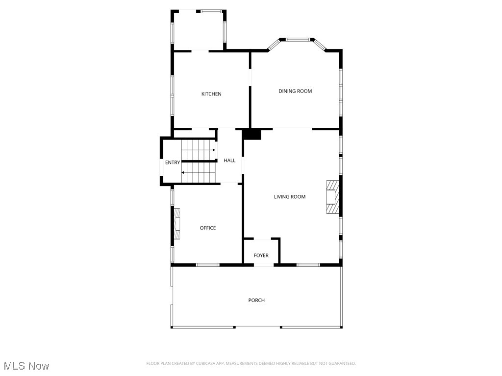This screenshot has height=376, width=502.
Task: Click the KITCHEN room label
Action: coord(211,94)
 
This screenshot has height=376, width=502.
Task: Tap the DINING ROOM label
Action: coord(295,91)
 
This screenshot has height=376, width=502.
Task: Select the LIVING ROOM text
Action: coord(289,197)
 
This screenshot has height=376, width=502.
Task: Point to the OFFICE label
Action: coord(207,228)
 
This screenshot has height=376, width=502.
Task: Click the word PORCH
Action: coord(256,300)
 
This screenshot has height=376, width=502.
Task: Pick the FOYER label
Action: coord(261,256)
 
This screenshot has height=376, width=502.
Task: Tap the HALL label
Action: coord(229,161)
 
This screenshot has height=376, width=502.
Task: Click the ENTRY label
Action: coord(172,163)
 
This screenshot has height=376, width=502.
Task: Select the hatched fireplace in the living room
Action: coord(332,197)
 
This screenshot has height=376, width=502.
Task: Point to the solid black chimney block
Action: coord(252,134)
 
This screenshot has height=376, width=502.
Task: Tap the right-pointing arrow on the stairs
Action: coord(214,150)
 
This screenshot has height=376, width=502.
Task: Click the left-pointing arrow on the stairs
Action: coord(183,172)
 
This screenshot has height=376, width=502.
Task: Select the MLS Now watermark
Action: coord(26,366)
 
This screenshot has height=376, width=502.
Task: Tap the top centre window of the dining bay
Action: coord(298,39)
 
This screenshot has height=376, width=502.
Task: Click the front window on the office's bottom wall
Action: coord(207,265)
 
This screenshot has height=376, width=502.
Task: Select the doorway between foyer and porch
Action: coord(264,265)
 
